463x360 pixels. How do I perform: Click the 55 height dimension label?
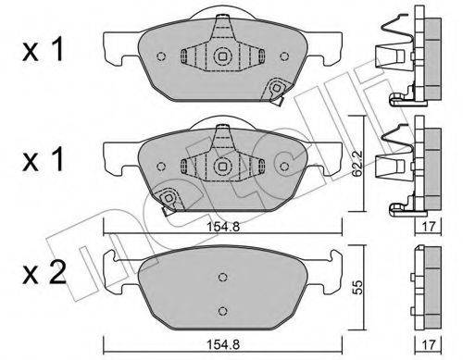(357, 287)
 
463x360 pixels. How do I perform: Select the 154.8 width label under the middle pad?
(223, 227)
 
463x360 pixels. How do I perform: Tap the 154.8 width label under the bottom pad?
(223, 344)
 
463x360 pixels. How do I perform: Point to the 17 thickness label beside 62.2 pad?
(429, 227)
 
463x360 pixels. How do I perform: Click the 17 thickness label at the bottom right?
(429, 344)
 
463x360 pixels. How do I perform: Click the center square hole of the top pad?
(222, 56)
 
